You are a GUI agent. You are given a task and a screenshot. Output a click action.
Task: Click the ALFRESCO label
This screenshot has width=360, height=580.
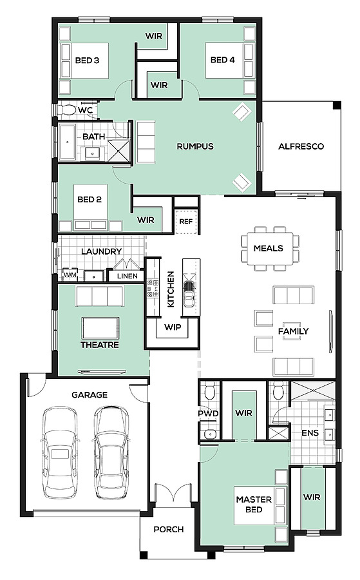301,146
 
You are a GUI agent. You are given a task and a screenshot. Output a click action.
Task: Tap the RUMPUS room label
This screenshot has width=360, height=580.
195,146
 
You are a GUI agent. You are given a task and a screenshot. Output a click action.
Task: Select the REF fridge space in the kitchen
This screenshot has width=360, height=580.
186,222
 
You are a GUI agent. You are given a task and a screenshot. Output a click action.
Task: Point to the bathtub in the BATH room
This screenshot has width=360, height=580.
68,142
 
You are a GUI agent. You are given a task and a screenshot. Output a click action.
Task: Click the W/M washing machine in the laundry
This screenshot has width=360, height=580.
70,275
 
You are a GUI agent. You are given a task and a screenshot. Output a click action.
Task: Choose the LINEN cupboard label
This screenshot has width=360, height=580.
127,276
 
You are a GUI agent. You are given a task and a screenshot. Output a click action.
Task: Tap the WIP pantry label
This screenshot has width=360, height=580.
173,327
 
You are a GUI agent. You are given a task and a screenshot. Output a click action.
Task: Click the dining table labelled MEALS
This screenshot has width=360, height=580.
269,248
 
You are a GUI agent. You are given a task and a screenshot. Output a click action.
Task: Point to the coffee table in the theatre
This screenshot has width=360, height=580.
100,328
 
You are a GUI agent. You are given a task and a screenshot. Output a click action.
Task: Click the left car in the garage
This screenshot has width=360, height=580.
61,452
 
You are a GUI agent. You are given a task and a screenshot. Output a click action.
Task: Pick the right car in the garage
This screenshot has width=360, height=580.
112,452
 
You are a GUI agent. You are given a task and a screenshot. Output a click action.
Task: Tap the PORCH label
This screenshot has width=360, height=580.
169,529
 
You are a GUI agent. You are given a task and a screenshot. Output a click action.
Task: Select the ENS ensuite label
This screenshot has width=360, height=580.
310,433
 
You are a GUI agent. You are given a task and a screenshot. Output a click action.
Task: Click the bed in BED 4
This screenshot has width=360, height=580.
230,61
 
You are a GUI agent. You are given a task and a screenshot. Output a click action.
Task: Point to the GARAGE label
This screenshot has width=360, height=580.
90,395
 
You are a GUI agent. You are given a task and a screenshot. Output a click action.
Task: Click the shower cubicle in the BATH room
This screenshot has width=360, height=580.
118,150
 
